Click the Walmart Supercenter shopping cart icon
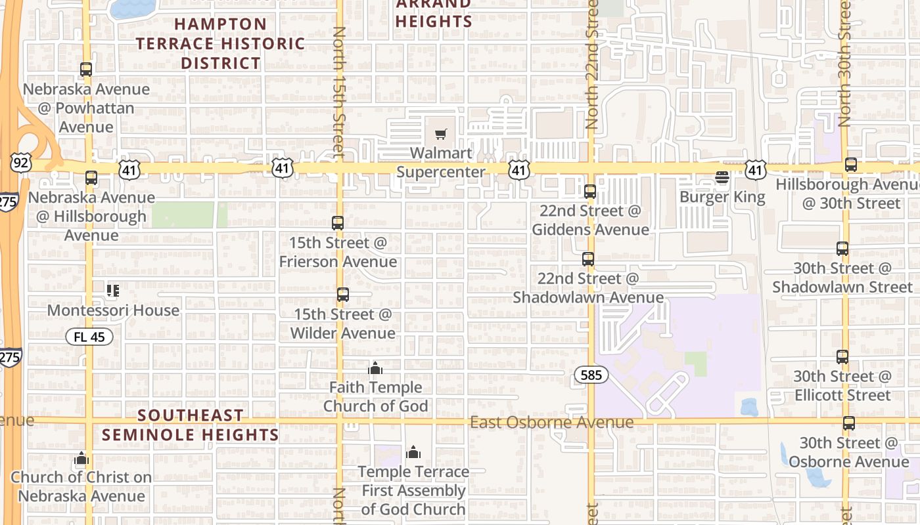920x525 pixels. [x=441, y=135]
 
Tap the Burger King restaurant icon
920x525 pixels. [x=722, y=177]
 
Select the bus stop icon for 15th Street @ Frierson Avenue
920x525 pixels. [x=338, y=223]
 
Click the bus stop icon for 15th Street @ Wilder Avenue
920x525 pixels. [x=342, y=295]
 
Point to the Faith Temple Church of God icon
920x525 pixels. [x=375, y=368]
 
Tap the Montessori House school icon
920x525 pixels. [x=112, y=290]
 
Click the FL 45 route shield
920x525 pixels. [x=89, y=337]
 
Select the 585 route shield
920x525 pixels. [x=591, y=375]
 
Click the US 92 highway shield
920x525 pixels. [x=20, y=163]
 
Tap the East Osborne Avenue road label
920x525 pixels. [x=552, y=422]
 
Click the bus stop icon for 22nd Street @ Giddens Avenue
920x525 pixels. [x=590, y=192]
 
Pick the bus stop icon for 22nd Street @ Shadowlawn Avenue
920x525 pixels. [x=588, y=259]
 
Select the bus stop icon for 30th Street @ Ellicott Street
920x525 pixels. [x=842, y=357]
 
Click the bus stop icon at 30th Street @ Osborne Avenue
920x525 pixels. [x=849, y=423]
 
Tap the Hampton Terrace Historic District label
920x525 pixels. [x=221, y=43]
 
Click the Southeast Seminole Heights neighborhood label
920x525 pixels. [x=191, y=425]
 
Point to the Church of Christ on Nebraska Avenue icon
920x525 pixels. [x=81, y=458]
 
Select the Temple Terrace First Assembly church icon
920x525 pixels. [x=413, y=452]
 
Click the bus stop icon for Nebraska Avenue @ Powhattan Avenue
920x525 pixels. [x=85, y=70]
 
